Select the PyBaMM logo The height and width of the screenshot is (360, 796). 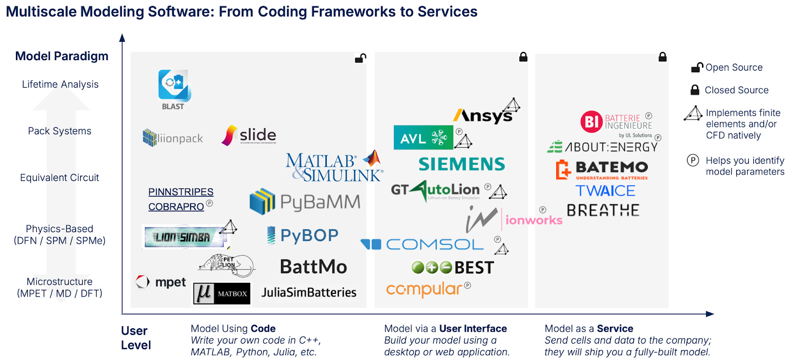click(305, 201)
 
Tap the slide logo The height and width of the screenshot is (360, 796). click(249, 135)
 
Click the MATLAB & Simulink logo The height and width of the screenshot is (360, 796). click(333, 167)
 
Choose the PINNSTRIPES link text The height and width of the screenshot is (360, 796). click(181, 192)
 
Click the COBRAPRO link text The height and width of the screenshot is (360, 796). click(176, 206)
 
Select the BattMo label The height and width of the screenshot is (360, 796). click(313, 267)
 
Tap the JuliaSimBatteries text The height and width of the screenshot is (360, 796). click(309, 292)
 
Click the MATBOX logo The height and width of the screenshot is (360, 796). click(222, 293)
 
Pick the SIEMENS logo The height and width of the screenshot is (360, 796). click(462, 164)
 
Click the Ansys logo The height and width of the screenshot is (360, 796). click(483, 115)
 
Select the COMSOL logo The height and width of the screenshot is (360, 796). click(422, 244)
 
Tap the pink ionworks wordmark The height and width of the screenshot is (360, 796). click(533, 220)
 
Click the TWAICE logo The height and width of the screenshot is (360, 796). click(605, 190)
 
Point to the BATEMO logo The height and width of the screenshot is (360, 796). click(602, 169)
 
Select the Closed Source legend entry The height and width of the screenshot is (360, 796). click(730, 90)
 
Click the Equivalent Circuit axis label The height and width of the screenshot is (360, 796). click(59, 178)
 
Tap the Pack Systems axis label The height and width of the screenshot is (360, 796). click(60, 131)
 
